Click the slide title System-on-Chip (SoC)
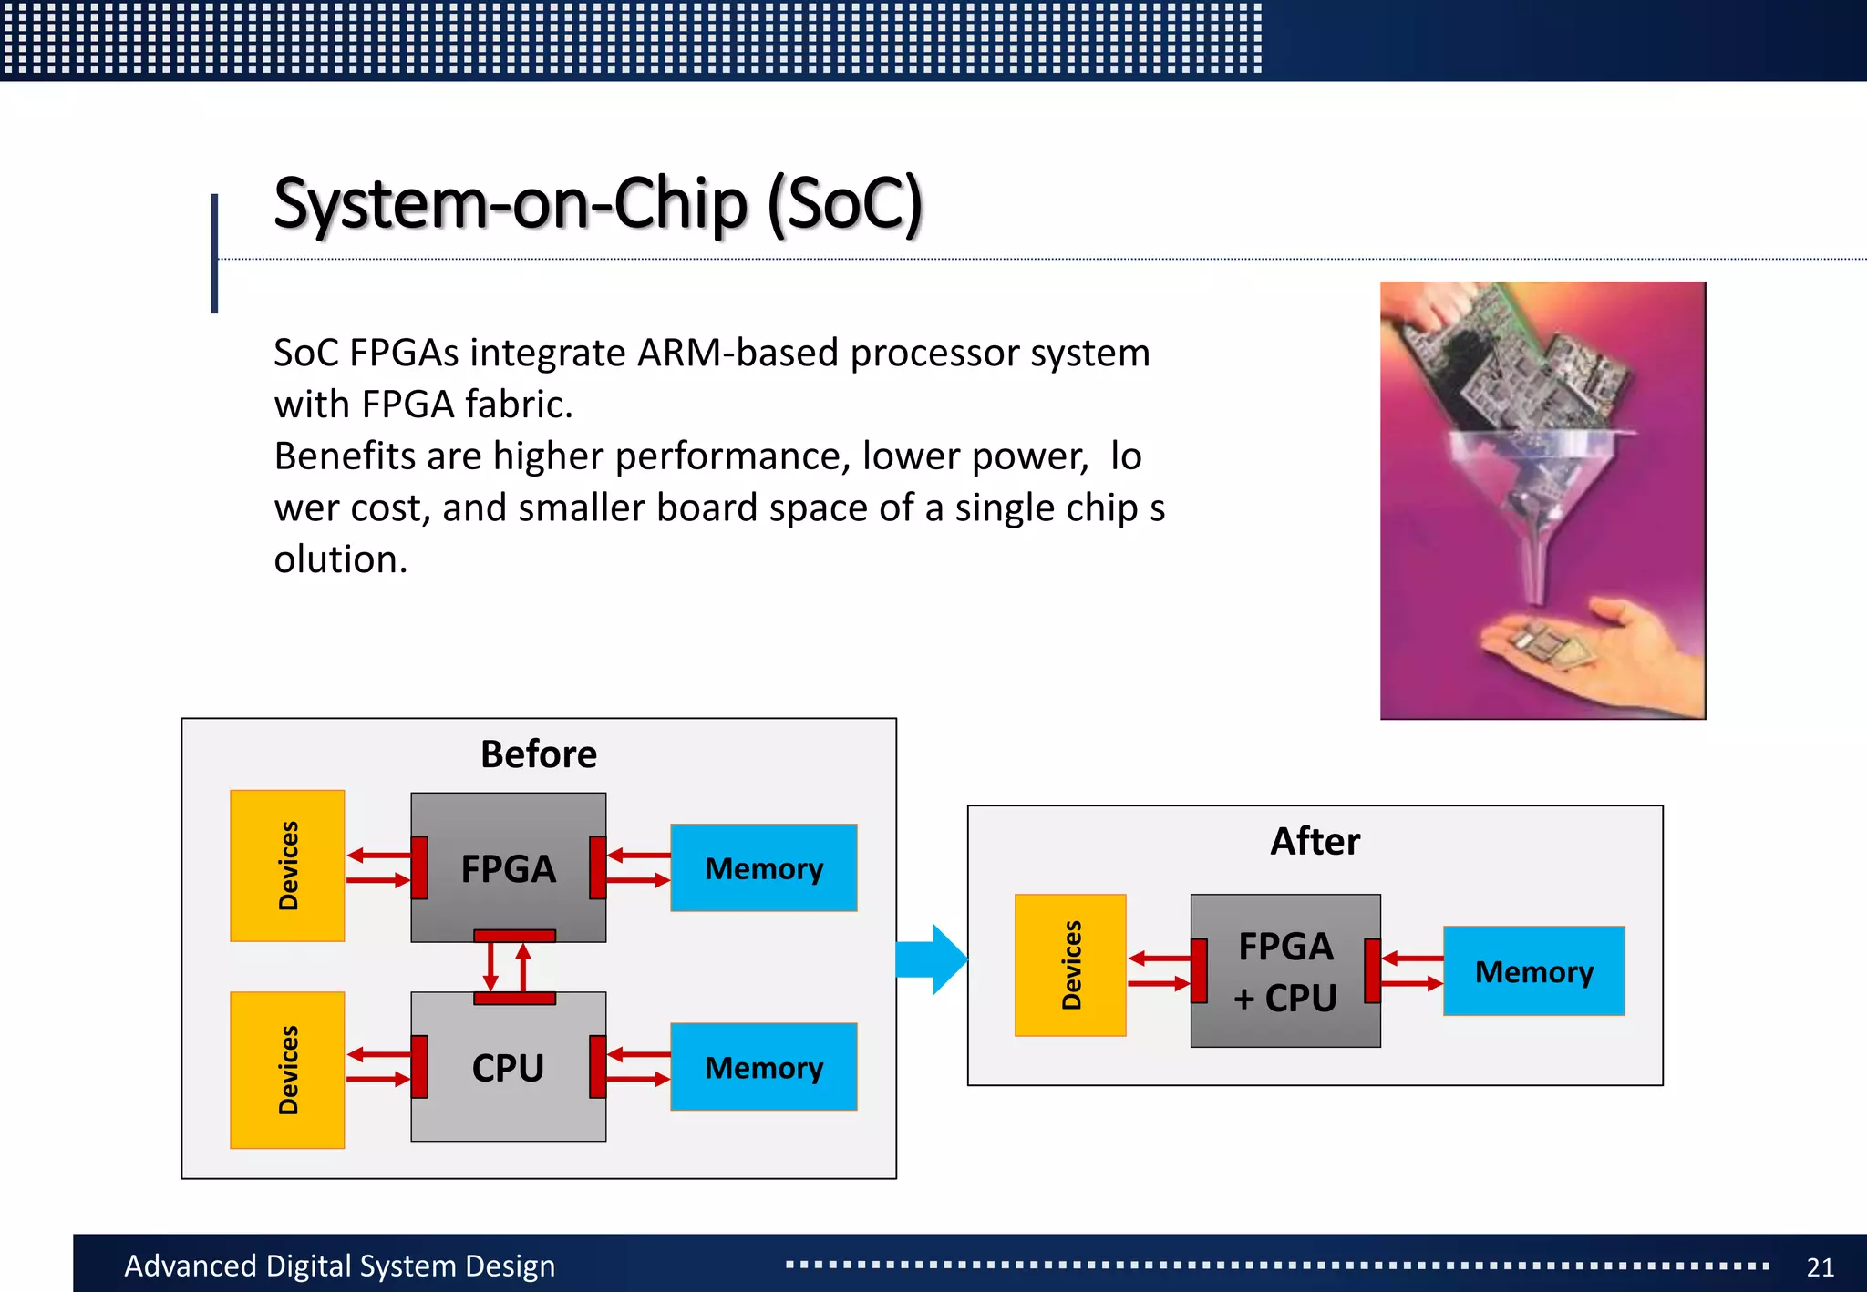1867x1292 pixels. point(598,204)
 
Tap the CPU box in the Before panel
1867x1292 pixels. point(508,1067)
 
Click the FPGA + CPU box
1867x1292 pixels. point(1285,971)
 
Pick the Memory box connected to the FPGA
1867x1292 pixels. point(763,868)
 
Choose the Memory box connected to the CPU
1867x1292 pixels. point(763,1067)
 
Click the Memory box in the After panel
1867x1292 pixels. point(1533,971)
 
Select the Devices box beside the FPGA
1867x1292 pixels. point(287,866)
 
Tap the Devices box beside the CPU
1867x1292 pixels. point(287,1070)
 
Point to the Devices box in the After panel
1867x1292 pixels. point(1070,966)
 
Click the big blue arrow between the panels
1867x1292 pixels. point(932,959)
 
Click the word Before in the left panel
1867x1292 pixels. point(538,754)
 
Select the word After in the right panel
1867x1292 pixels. point(1315,841)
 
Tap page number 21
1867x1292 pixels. point(1820,1266)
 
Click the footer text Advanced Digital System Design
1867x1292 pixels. point(339,1266)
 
